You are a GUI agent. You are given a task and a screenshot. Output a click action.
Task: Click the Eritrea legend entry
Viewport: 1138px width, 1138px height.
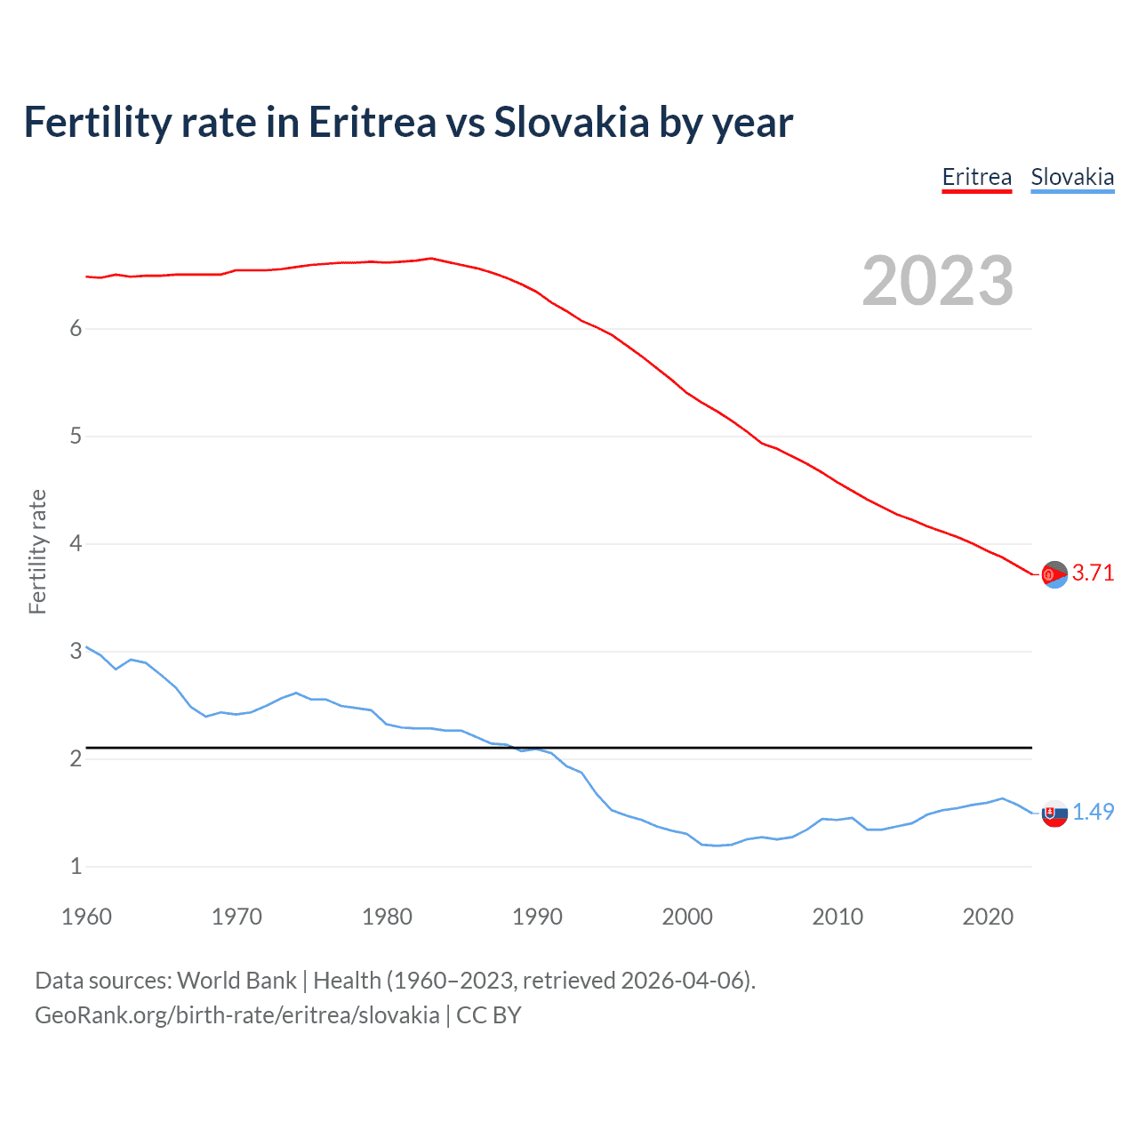(x=976, y=177)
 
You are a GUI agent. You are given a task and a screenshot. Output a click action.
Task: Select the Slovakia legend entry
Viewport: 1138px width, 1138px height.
(x=1072, y=177)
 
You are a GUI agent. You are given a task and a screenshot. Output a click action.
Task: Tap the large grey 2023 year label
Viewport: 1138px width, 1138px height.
(x=937, y=281)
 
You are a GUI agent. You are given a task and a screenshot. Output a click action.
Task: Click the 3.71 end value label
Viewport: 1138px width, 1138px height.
(x=1093, y=573)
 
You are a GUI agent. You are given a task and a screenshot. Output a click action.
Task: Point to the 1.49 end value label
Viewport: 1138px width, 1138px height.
(x=1093, y=812)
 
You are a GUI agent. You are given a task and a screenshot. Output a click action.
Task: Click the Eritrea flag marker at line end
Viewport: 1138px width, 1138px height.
(x=1054, y=575)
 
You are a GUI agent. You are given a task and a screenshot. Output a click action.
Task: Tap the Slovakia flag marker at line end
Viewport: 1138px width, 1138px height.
(x=1054, y=813)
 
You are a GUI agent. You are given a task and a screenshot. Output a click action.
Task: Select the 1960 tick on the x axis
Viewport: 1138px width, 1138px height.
(x=86, y=917)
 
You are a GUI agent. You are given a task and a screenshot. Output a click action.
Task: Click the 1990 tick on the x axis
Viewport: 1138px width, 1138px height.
(x=537, y=917)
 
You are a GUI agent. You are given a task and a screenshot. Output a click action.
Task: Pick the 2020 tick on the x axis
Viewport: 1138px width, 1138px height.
(x=988, y=917)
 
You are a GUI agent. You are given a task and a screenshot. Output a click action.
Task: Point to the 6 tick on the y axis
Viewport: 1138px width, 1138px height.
(x=76, y=329)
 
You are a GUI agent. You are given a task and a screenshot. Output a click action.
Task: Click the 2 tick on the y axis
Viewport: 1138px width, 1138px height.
(x=76, y=758)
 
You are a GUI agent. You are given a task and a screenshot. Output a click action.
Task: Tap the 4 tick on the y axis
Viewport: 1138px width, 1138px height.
(x=76, y=543)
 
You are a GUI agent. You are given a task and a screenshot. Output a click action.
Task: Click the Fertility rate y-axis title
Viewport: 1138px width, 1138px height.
(x=37, y=551)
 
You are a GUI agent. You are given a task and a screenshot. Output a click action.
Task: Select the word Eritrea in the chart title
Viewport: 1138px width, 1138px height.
(x=372, y=123)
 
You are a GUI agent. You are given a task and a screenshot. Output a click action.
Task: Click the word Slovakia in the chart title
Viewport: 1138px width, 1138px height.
(x=572, y=123)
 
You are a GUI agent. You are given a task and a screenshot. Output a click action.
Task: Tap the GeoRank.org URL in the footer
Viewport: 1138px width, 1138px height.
(x=236, y=1015)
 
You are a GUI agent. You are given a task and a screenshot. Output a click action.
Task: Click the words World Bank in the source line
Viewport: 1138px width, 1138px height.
(x=236, y=981)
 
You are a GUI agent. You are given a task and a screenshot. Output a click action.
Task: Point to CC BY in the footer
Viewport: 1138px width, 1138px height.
(x=488, y=1015)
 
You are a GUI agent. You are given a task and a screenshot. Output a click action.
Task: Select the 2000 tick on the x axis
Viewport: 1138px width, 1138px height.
(x=687, y=917)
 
